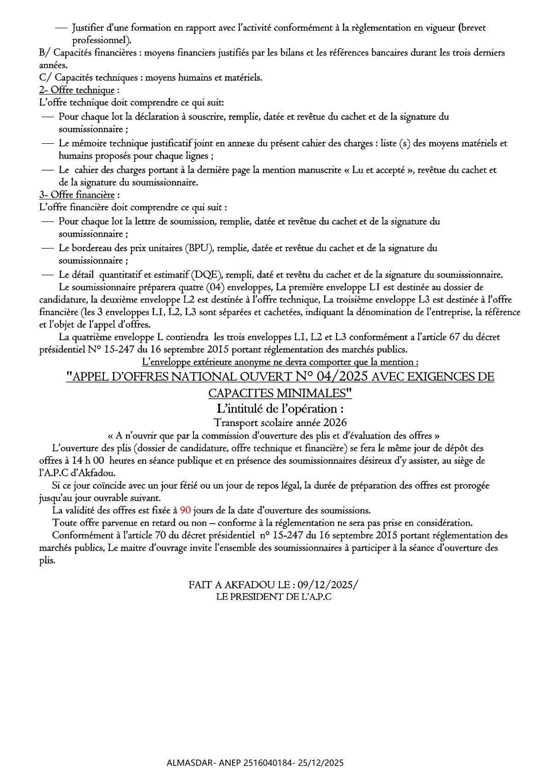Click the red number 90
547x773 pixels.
(x=185, y=510)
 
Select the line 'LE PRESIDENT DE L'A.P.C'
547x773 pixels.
(x=274, y=597)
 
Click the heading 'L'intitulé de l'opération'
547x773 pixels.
(x=280, y=408)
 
